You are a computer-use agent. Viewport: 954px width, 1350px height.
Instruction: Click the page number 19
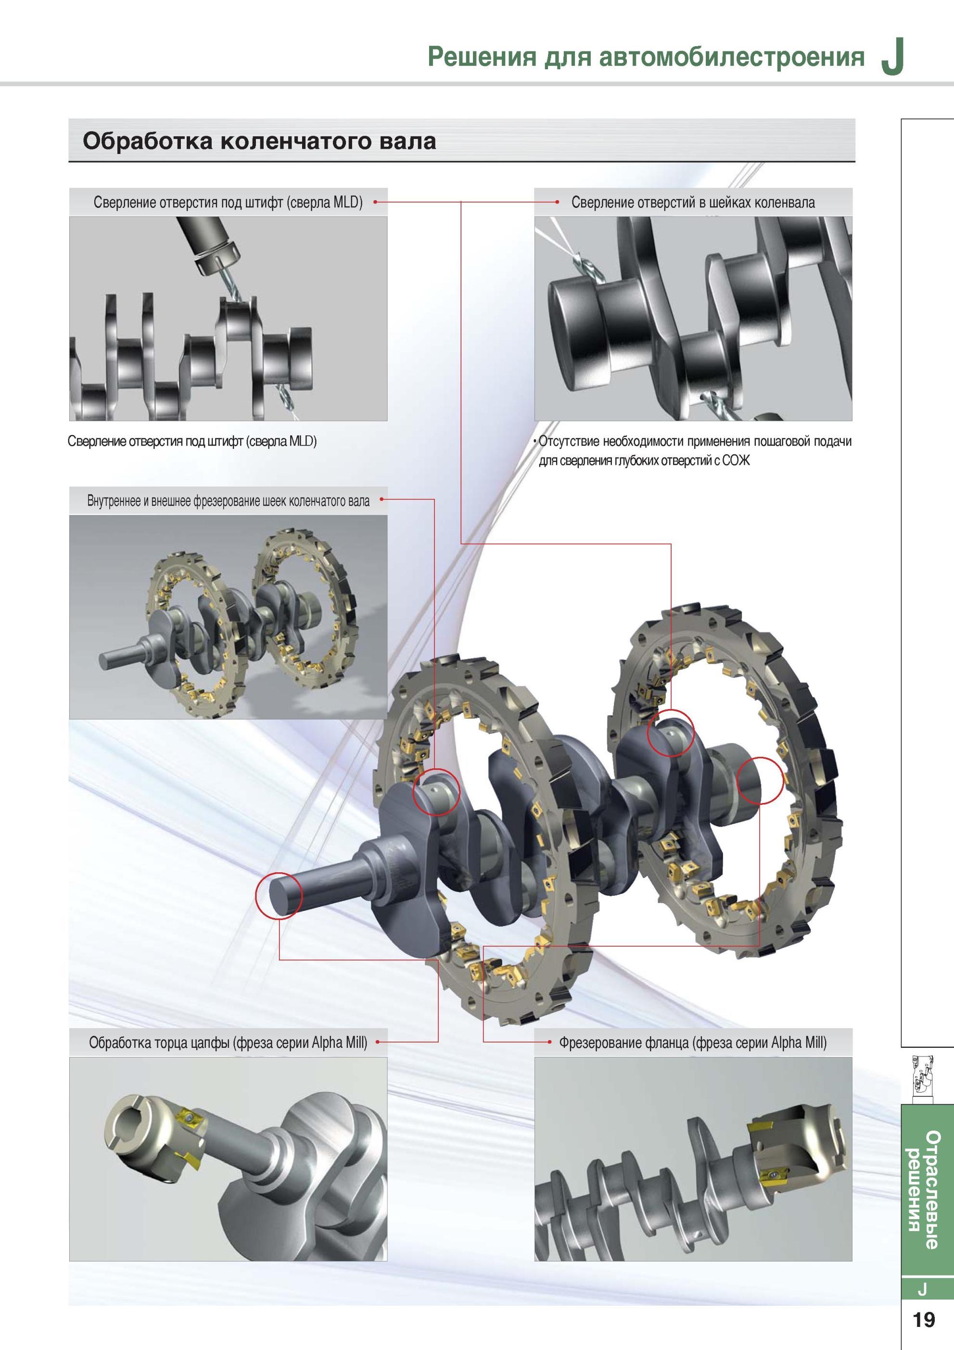tap(923, 1319)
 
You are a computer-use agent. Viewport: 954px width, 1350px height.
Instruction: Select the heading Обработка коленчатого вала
tap(259, 141)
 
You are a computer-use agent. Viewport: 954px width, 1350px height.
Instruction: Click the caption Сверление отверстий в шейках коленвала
tap(693, 203)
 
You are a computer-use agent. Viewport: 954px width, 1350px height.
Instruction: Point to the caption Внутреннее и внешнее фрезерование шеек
tap(229, 501)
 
